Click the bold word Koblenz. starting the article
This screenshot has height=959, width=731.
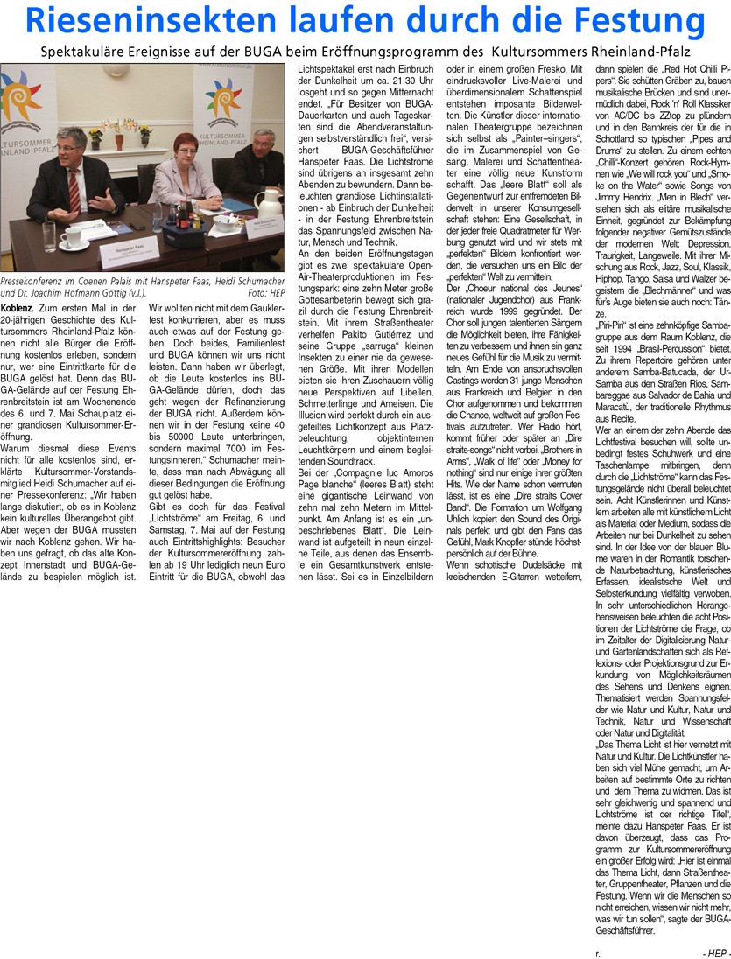pyautogui.click(x=18, y=308)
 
